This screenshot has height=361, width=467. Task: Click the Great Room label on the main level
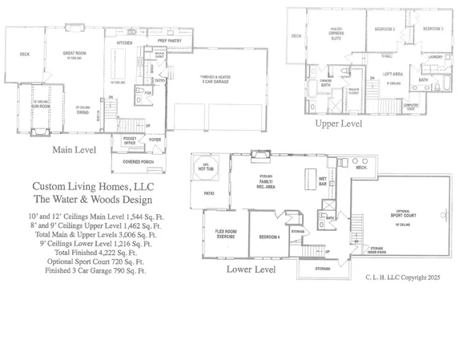tap(74, 54)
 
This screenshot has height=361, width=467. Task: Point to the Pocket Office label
tap(130, 140)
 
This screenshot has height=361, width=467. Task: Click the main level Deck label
tap(25, 54)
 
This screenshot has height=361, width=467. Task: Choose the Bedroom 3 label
tap(431, 29)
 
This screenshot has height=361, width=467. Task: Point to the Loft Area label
tap(393, 74)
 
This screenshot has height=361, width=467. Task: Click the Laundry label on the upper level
tap(436, 57)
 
